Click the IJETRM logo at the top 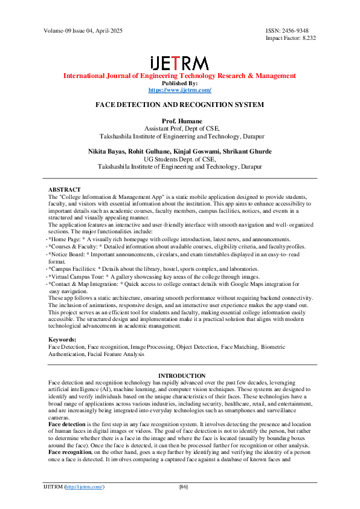click(x=179, y=63)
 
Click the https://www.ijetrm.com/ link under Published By click(x=179, y=90)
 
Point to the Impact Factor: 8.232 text click(x=291, y=37)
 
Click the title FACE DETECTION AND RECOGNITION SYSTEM click(x=179, y=105)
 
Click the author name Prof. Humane click(x=179, y=122)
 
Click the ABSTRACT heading click(x=64, y=190)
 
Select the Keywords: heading click(x=62, y=340)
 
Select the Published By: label click(x=179, y=83)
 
